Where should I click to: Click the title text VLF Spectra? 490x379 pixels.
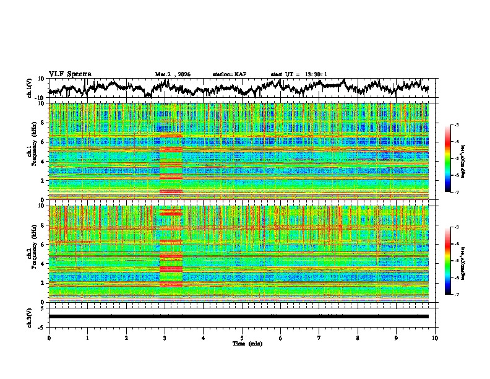(x=70, y=74)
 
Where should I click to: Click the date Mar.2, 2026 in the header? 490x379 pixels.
(x=173, y=74)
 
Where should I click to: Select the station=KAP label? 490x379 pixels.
(x=229, y=74)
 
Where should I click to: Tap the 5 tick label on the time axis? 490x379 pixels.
(x=242, y=338)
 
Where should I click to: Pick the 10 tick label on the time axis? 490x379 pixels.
(x=435, y=338)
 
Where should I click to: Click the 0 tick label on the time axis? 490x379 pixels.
(x=49, y=338)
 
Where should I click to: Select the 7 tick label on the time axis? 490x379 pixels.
(x=319, y=338)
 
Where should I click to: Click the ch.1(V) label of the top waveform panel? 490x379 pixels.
(x=30, y=87)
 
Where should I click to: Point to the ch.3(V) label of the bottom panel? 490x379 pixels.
(x=30, y=316)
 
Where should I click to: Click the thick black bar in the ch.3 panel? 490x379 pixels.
(x=238, y=316)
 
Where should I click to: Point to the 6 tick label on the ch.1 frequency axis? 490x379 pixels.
(x=43, y=142)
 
